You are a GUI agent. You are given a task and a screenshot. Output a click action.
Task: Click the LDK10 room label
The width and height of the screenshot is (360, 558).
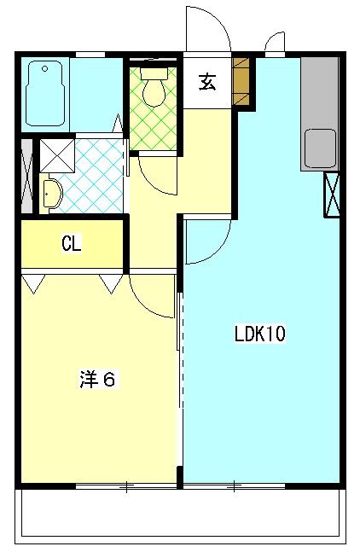pyautogui.click(x=259, y=334)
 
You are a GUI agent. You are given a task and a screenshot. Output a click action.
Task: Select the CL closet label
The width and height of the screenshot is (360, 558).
pyautogui.click(x=72, y=244)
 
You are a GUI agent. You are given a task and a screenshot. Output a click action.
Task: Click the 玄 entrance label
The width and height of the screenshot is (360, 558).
pyautogui.click(x=206, y=83)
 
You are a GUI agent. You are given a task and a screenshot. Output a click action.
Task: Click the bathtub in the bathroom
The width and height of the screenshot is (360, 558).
pyautogui.click(x=46, y=95)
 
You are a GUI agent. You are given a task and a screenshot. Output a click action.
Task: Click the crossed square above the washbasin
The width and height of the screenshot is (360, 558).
pyautogui.click(x=55, y=153)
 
